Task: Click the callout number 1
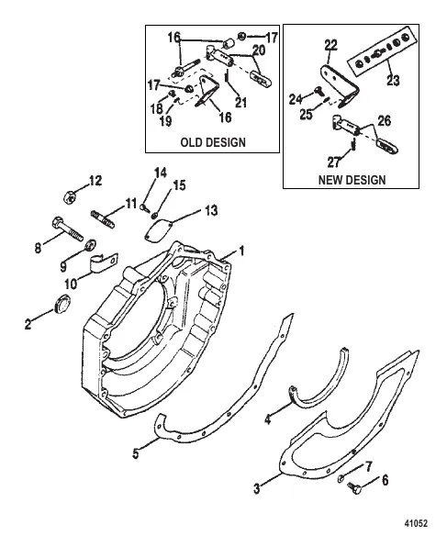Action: tap(241, 250)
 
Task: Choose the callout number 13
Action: tap(211, 211)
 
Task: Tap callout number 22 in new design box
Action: tap(330, 43)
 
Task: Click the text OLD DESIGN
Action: tap(212, 143)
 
